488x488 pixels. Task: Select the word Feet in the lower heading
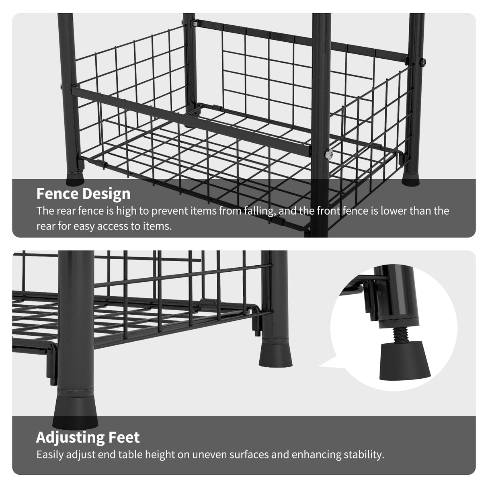pyautogui.click(x=124, y=437)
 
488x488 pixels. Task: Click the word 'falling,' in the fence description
pyautogui.click(x=259, y=211)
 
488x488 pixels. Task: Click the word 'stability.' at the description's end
pyautogui.click(x=364, y=455)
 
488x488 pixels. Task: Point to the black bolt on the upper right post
pyautogui.click(x=423, y=62)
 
